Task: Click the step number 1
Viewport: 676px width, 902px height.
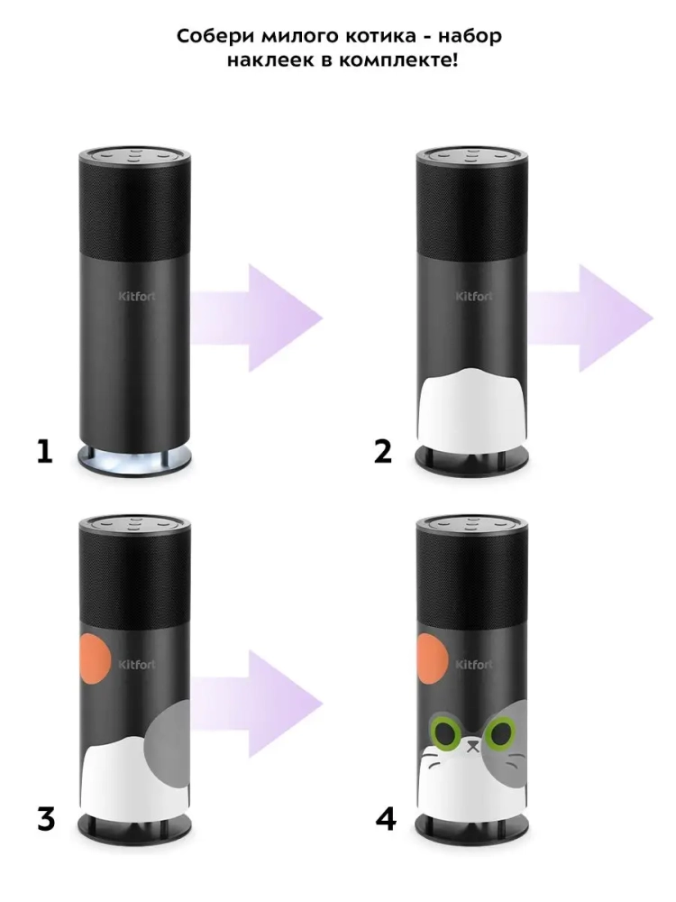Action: click(x=44, y=452)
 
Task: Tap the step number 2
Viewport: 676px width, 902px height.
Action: click(x=383, y=452)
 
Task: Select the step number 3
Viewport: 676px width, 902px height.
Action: click(x=46, y=819)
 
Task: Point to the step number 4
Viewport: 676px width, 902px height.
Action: click(x=386, y=819)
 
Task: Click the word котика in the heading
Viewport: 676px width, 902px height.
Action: click(x=380, y=36)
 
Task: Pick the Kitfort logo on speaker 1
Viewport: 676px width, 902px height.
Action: click(x=137, y=297)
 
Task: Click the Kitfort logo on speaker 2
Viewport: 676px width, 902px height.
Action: click(x=474, y=297)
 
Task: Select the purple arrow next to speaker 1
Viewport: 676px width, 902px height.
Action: click(x=256, y=318)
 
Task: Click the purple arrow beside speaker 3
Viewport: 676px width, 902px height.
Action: click(x=256, y=704)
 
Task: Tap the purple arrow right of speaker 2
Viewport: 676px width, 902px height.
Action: click(x=589, y=318)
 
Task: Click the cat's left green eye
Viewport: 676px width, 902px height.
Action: click(x=445, y=732)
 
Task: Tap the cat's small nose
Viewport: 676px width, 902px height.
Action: click(x=473, y=746)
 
